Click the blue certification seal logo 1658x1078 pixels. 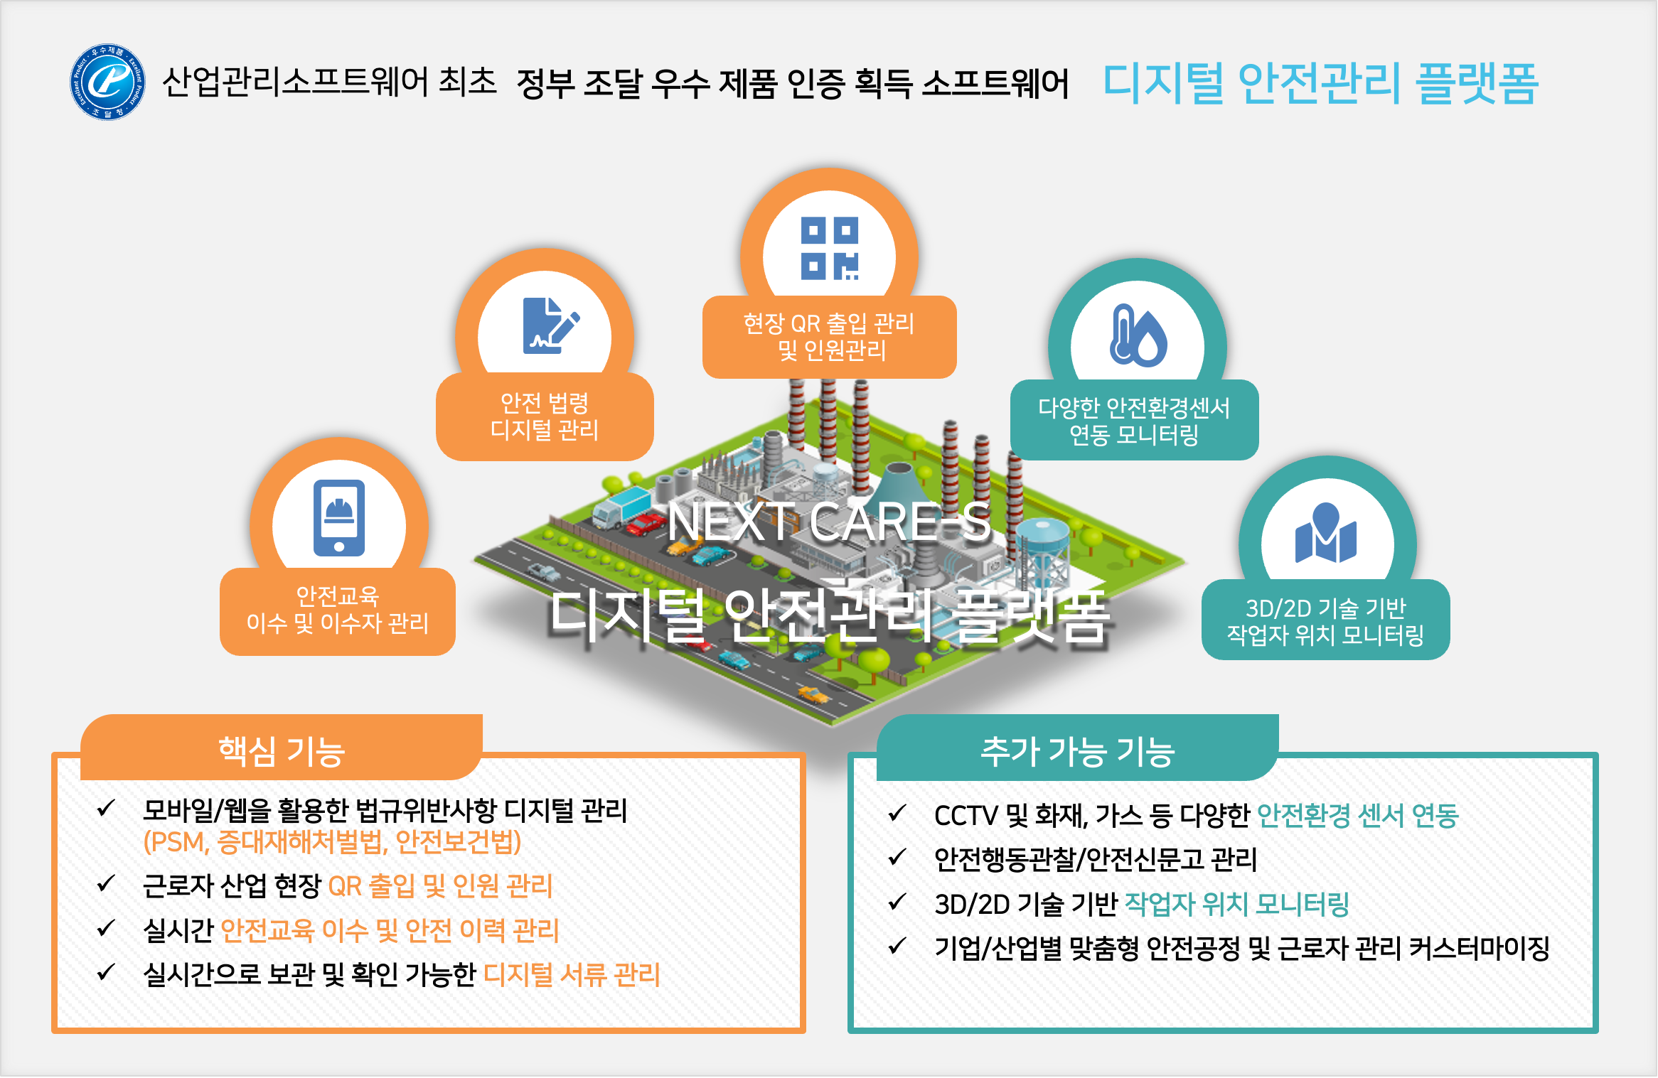pos(108,82)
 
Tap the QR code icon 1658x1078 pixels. pos(829,248)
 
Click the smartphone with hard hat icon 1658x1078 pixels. pos(339,517)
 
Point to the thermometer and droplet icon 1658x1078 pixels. pos(1138,335)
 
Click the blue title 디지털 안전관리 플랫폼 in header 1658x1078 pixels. pos(1320,83)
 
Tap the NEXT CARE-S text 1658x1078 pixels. pos(829,522)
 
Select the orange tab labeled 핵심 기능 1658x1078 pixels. pos(282,750)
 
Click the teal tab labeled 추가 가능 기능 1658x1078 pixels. pos(1077,750)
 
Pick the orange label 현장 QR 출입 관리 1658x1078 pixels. pos(829,324)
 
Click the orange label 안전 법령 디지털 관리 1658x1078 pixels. pos(545,416)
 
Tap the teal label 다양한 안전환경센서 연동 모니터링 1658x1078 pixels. pos(1134,421)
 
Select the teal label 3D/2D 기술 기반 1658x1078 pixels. pos(1326,608)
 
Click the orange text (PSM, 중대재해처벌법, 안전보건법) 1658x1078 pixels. pos(333,842)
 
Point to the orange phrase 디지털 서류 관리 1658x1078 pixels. pos(572,975)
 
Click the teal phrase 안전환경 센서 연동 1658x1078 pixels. pos(1358,816)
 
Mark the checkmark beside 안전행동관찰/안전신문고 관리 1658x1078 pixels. pos(898,858)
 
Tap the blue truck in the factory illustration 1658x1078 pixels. pos(621,508)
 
